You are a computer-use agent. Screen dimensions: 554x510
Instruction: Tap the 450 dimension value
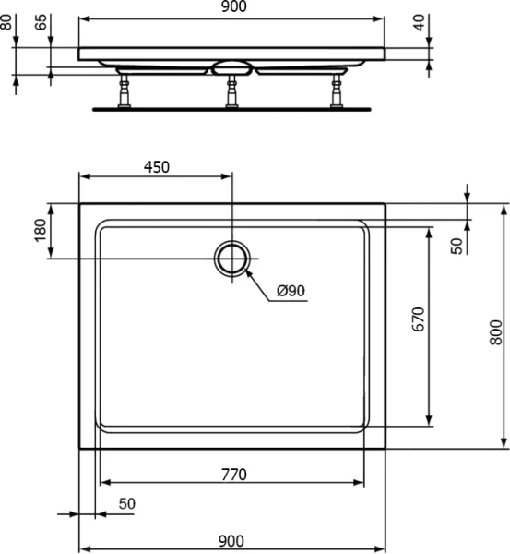[x=156, y=167]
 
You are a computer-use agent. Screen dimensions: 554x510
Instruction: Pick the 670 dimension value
[x=417, y=320]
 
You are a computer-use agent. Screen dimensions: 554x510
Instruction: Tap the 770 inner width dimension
[x=233, y=475]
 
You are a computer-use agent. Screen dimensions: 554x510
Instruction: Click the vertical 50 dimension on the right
[x=456, y=245]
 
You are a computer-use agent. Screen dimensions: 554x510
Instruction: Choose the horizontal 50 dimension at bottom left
[x=125, y=503]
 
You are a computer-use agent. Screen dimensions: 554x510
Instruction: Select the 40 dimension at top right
[x=421, y=22]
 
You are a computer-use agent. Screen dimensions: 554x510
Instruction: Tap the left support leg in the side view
[x=121, y=90]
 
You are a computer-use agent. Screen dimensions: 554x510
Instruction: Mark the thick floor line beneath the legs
[x=231, y=107]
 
